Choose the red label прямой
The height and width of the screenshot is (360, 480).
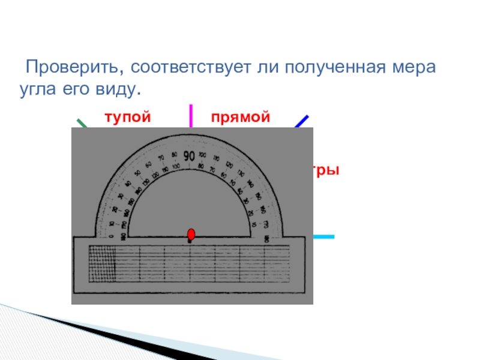pos(240,116)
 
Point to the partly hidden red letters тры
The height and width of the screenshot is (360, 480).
pos(327,170)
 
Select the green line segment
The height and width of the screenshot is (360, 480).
pos(82,124)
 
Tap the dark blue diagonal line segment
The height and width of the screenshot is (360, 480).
pos(302,122)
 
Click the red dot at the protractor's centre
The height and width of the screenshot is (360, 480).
pos(191,233)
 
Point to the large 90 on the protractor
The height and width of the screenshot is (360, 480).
pos(189,156)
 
